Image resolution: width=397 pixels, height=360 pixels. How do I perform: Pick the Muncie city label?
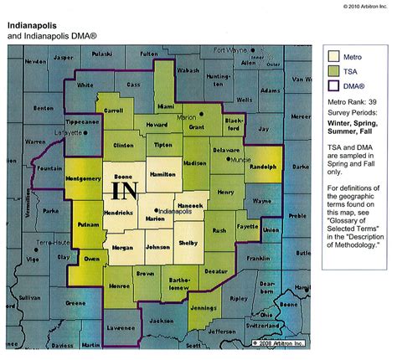point(240,158)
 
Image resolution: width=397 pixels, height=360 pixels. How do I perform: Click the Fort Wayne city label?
point(231,50)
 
